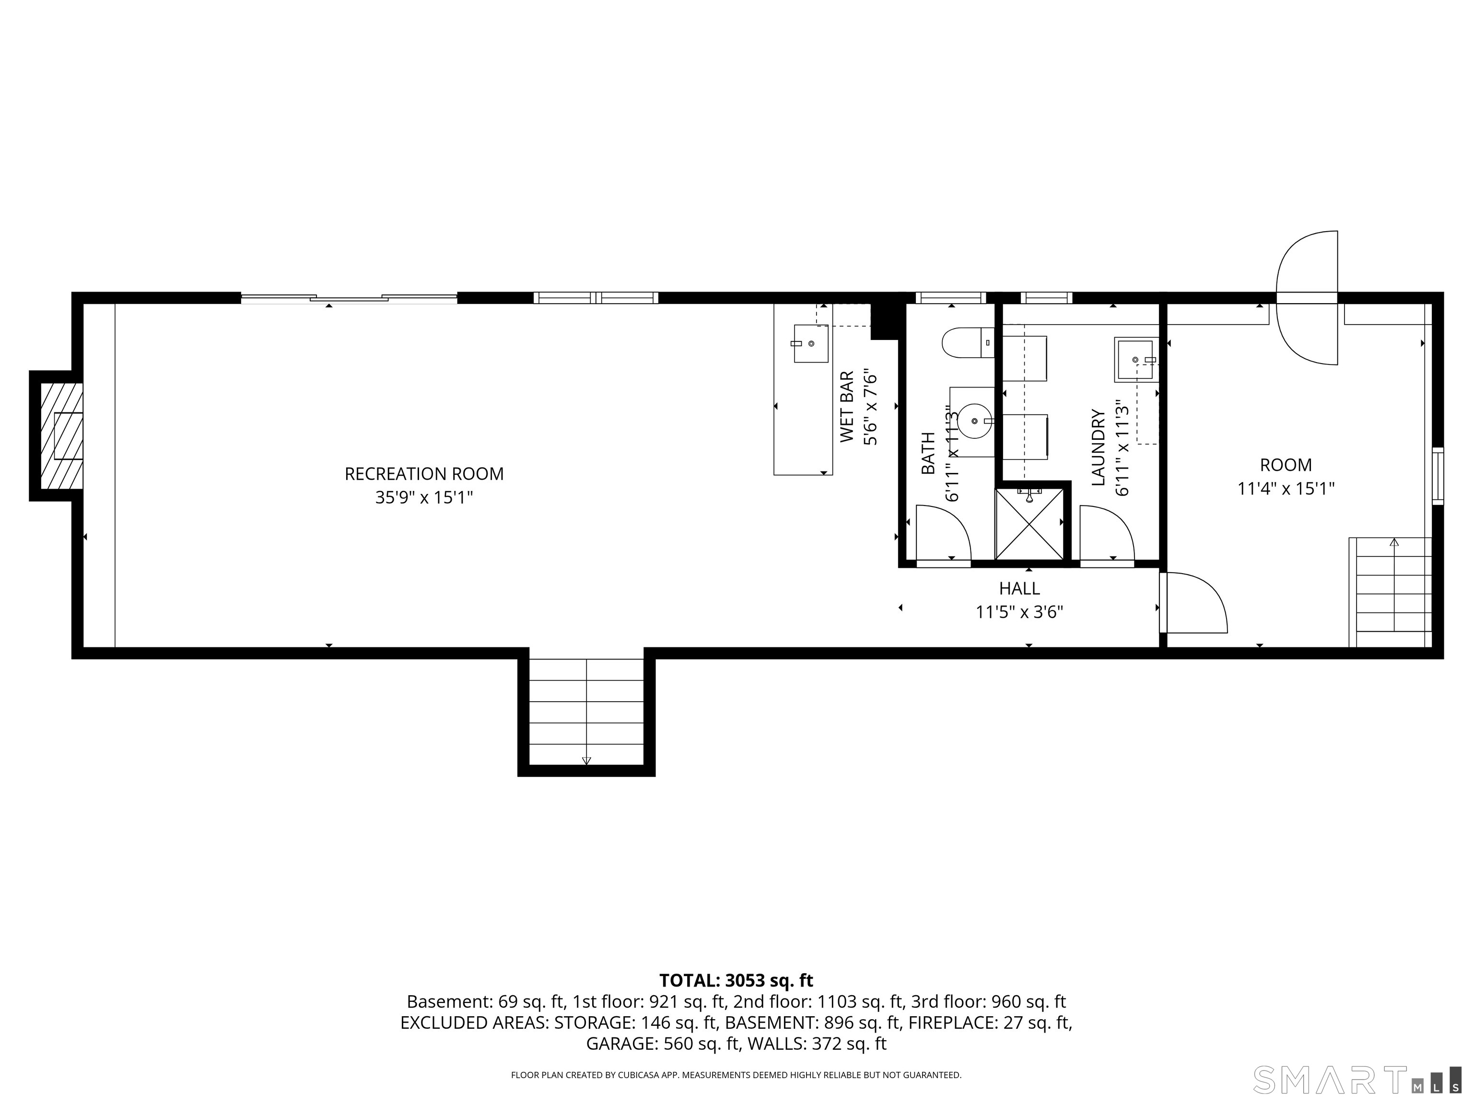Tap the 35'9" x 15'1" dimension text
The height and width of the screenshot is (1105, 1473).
coord(424,497)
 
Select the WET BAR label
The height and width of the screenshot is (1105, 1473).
coord(846,407)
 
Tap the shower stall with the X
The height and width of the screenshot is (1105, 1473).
coord(1029,524)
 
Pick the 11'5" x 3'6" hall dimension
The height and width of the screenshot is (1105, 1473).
coord(1019,611)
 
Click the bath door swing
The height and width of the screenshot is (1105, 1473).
coord(944,532)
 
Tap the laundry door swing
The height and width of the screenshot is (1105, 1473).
coord(1107,532)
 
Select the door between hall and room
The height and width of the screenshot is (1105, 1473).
coord(1193,602)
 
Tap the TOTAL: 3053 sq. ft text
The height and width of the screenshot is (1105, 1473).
coord(736,980)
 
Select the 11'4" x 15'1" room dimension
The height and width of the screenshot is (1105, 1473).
coord(1286,489)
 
